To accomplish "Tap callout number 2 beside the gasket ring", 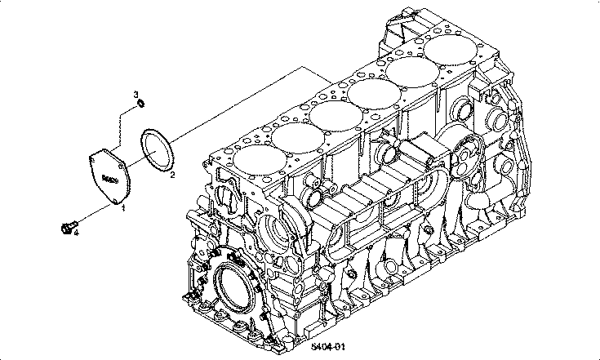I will [x=173, y=174].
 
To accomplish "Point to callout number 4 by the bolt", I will [x=76, y=232].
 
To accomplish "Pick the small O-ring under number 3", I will [x=141, y=103].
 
